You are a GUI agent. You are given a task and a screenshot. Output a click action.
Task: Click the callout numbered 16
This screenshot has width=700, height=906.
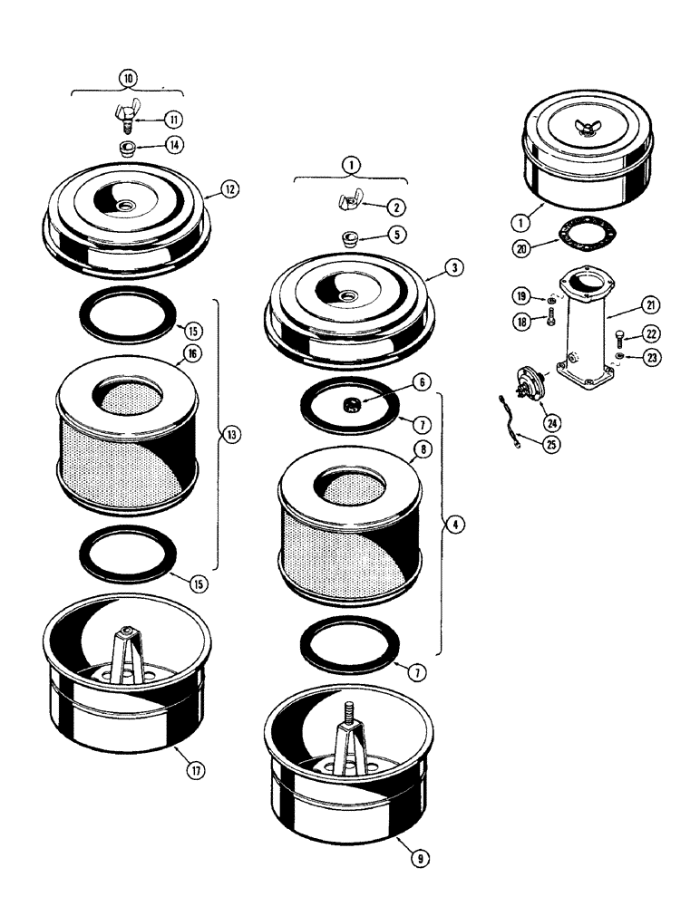[192, 353]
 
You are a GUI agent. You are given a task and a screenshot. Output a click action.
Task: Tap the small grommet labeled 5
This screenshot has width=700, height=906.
[350, 238]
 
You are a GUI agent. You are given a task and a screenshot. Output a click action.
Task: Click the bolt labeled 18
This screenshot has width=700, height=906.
[549, 317]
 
